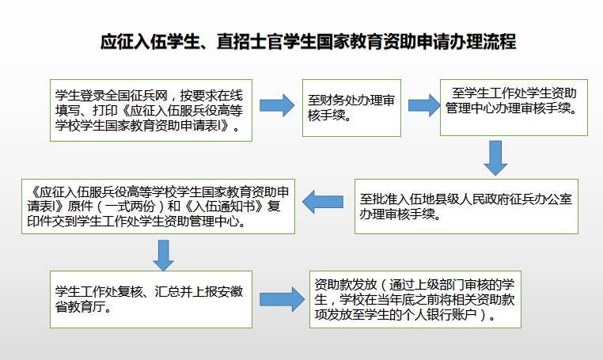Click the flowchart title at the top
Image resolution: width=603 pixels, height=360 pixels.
tap(308, 41)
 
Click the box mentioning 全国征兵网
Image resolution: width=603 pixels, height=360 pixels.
tap(150, 108)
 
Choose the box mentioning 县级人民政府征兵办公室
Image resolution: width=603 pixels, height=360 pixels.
tap(466, 206)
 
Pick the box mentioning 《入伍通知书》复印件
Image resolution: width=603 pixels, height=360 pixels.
tap(158, 207)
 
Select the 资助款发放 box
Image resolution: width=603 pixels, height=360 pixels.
tap(419, 299)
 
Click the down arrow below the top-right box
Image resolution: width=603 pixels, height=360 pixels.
tap(495, 157)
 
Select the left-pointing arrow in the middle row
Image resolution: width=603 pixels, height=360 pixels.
tap(324, 203)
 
